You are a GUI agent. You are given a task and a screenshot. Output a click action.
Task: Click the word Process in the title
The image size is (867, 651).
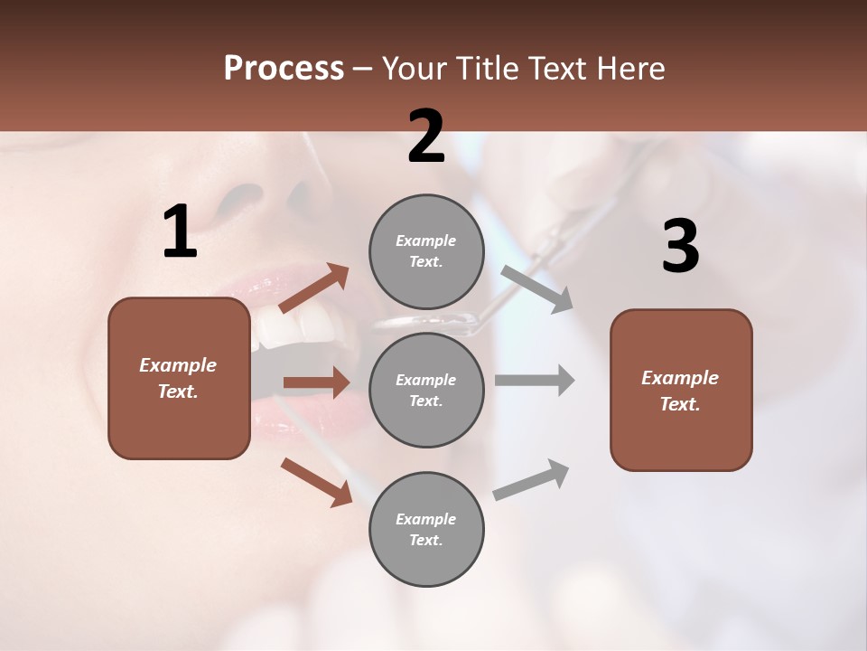pyautogui.click(x=284, y=68)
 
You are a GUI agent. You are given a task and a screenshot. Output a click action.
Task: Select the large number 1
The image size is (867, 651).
pyautogui.click(x=180, y=232)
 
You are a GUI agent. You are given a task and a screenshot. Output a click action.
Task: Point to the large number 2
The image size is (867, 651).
pyautogui.click(x=426, y=137)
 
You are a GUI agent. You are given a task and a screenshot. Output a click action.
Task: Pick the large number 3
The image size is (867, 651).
pyautogui.click(x=680, y=247)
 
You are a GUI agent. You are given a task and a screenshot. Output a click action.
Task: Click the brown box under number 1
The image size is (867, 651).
pyautogui.click(x=179, y=378)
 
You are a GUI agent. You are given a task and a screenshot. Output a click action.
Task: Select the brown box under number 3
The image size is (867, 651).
pyautogui.click(x=681, y=391)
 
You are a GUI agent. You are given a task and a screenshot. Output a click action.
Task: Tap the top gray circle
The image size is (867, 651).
pyautogui.click(x=426, y=251)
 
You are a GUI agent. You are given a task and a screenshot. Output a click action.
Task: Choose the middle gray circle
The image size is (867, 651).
pyautogui.click(x=426, y=390)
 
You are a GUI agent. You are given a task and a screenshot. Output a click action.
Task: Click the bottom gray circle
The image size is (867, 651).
pyautogui.click(x=426, y=529)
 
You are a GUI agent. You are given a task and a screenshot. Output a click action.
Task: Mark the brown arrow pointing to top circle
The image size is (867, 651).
pyautogui.click(x=314, y=288)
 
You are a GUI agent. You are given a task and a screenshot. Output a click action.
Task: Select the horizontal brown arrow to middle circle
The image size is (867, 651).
pyautogui.click(x=316, y=382)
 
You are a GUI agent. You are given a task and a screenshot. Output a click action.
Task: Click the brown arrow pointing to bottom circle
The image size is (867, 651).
pyautogui.click(x=316, y=481)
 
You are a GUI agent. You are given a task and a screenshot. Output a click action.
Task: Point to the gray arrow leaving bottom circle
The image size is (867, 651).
pyautogui.click(x=532, y=479)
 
